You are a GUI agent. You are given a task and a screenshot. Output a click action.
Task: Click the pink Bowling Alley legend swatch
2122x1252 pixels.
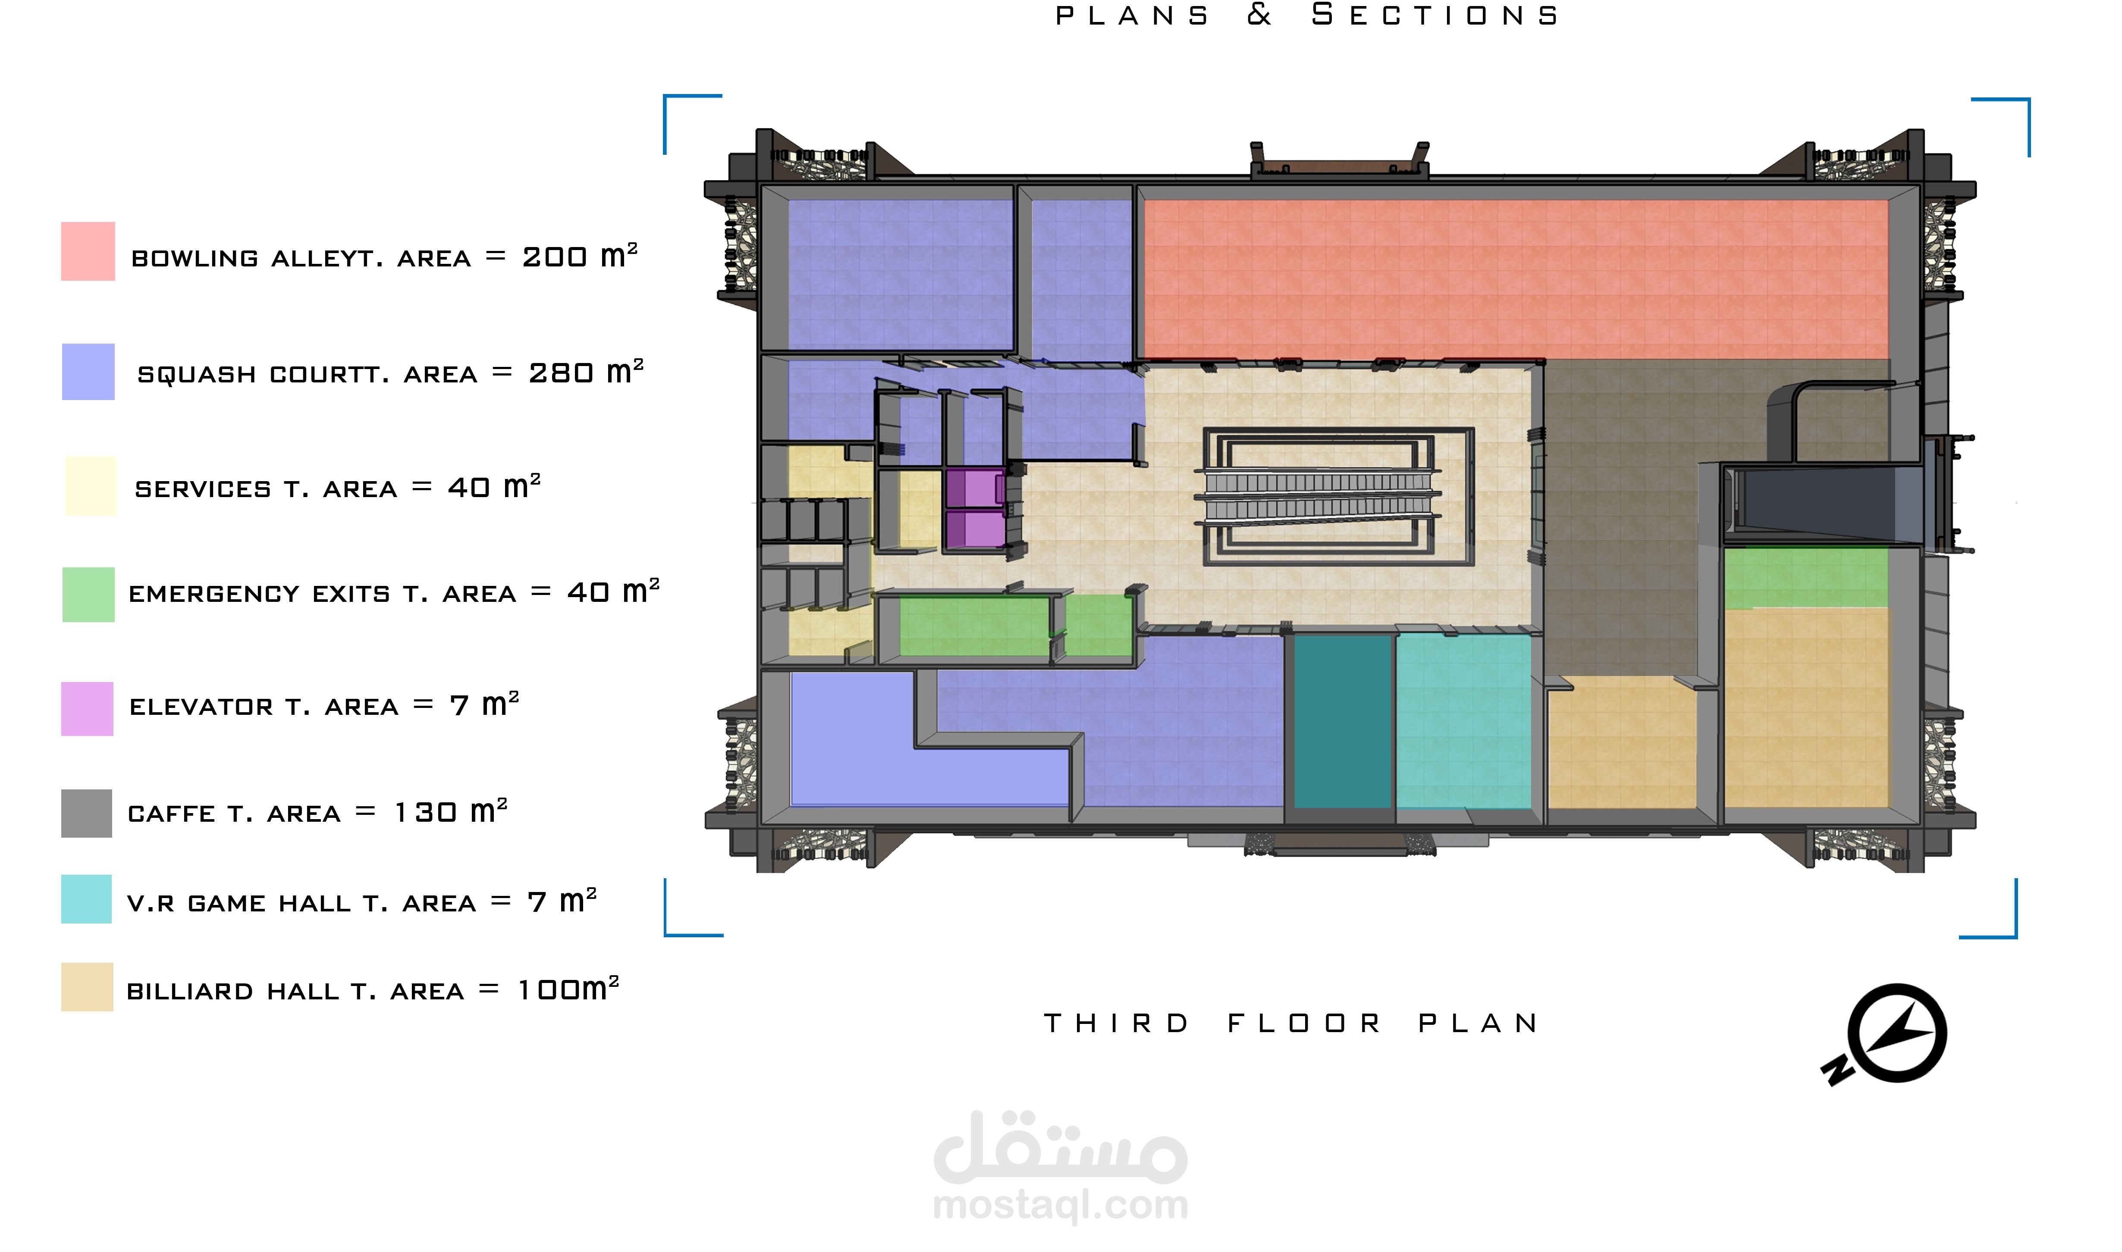pyautogui.click(x=88, y=251)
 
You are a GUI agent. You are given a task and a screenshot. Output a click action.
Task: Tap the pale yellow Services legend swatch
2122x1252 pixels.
pyautogui.click(x=91, y=486)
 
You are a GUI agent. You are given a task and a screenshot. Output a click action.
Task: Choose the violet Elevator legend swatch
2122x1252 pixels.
pyautogui.click(x=87, y=709)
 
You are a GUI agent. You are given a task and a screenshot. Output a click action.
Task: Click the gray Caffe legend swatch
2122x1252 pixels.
pyautogui.click(x=86, y=813)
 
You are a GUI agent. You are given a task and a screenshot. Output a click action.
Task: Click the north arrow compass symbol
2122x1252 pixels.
pyautogui.click(x=1888, y=1034)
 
